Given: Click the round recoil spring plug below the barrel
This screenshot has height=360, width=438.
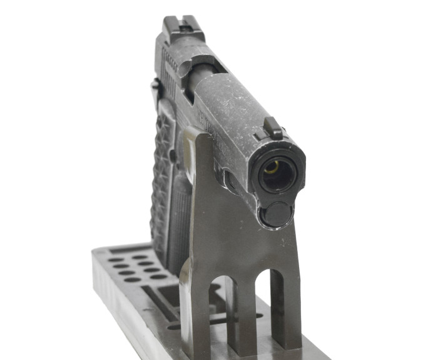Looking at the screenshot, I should (x=277, y=214).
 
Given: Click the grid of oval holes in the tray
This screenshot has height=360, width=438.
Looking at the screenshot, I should (x=135, y=266).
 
